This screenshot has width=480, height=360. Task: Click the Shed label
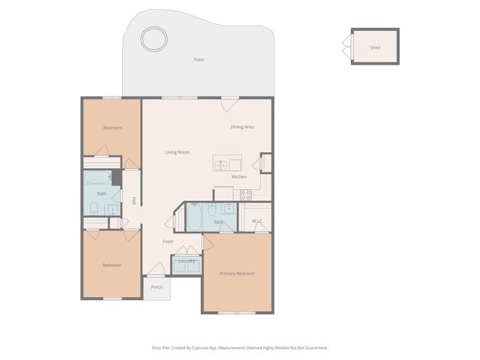coord(375,47)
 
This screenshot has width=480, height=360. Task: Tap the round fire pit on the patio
coord(154,38)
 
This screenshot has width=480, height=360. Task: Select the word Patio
coord(199,59)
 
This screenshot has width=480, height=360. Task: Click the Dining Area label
coord(241,127)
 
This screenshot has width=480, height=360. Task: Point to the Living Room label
coord(177,152)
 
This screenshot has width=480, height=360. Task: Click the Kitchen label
coord(238,176)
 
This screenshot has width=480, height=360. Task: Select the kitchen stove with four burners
coord(245,194)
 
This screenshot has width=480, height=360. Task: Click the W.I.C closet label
coord(256,221)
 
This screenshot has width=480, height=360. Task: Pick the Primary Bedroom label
coord(237,274)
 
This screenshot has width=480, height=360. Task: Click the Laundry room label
coord(187,261)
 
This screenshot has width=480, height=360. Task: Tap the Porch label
coord(157,287)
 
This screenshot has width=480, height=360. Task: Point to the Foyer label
coord(169,241)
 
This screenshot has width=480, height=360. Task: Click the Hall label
coord(134,201)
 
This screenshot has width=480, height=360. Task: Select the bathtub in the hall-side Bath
coord(97,178)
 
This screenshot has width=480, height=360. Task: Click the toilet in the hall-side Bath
coord(94,208)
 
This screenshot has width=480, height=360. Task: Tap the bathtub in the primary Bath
coord(193,218)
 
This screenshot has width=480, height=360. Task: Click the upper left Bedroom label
coord(112,127)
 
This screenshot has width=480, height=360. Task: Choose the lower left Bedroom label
coord(111,265)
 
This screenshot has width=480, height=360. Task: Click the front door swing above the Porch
coord(156,268)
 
